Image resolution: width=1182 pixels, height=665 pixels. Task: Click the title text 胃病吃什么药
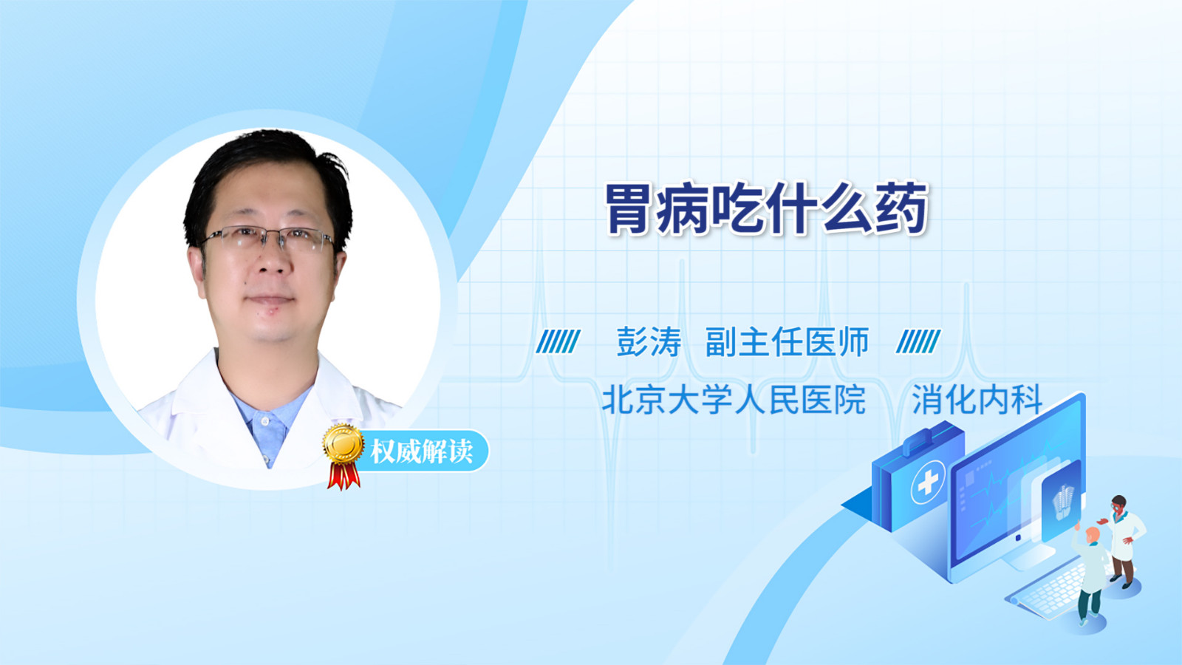(x=765, y=209)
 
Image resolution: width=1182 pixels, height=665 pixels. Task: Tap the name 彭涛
(x=649, y=341)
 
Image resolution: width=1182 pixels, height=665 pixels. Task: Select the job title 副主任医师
(x=787, y=341)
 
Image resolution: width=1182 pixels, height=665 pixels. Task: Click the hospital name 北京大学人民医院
(x=734, y=399)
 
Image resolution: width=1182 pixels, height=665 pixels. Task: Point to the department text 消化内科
(x=977, y=399)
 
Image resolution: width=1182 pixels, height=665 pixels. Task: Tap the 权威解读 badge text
(x=421, y=451)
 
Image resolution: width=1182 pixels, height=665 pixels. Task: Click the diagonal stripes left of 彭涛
(x=558, y=341)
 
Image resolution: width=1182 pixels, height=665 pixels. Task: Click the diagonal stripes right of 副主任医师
(x=918, y=341)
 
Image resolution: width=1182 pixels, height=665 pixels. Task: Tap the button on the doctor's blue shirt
(x=265, y=421)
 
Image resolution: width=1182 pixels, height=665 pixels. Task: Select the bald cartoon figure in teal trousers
(x=1088, y=576)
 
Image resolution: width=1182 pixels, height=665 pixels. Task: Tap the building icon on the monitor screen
(x=1062, y=502)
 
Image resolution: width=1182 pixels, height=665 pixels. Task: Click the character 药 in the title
(x=901, y=209)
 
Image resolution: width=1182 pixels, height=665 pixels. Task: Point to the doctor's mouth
(x=270, y=299)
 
